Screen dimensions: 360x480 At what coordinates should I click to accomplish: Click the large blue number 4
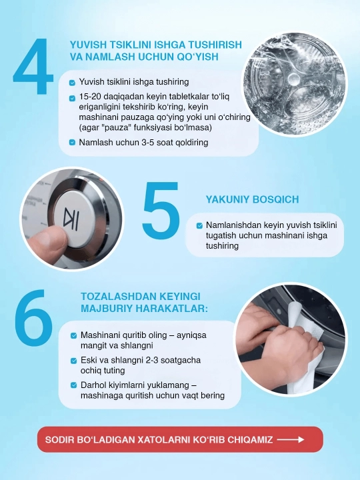pos(33,66)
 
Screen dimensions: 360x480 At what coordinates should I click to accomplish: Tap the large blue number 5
pos(161,210)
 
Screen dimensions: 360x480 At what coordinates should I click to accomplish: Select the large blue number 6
pos(34,318)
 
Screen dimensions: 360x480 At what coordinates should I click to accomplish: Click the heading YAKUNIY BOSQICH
pos(252,199)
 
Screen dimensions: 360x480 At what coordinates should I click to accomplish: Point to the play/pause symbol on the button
pos(71,217)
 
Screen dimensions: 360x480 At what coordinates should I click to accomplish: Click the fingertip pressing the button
pos(46,242)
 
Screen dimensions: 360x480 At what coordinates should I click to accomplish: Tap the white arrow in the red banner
pos(291,439)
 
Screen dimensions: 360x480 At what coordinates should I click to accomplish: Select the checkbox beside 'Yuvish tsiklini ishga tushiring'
pos(72,83)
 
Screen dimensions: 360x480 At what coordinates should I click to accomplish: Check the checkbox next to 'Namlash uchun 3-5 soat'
pos(72,143)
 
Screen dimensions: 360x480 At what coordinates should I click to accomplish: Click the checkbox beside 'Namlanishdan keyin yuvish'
pos(199,225)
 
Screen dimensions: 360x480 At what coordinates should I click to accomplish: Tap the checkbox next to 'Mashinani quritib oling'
pos(74,335)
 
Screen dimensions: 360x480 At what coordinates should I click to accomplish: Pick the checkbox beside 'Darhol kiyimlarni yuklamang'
pos(74,385)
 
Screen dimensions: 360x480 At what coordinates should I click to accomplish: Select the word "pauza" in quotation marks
pos(118,127)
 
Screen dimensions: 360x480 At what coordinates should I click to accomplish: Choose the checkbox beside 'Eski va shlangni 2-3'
pos(74,361)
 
